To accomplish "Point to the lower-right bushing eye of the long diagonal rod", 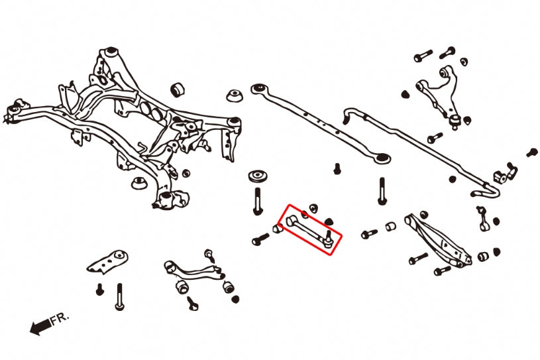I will (382, 158).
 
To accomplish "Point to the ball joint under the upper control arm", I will (456, 119).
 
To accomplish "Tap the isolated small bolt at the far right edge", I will (531, 152).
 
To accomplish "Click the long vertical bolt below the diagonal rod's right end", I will (382, 191).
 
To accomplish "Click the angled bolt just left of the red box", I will (260, 239).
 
